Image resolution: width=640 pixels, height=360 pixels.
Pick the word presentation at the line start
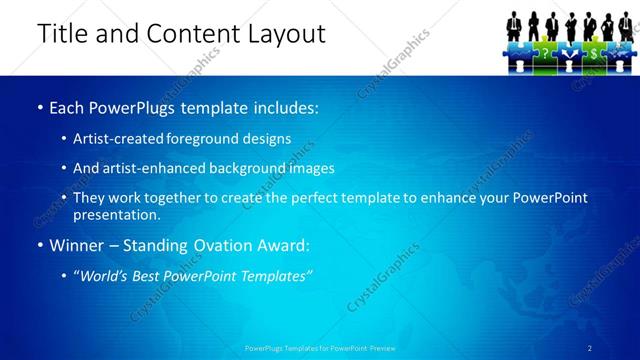[x=115, y=214]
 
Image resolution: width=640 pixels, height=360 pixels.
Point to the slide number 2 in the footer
[x=590, y=348]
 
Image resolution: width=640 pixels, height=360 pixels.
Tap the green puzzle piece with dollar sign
[x=594, y=50]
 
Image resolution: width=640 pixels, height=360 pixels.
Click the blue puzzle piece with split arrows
[x=568, y=50]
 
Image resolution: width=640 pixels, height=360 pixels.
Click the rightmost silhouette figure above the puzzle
[x=624, y=24]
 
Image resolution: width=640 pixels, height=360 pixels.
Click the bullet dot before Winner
[x=39, y=245]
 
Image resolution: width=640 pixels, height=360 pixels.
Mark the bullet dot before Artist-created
[x=65, y=139]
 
